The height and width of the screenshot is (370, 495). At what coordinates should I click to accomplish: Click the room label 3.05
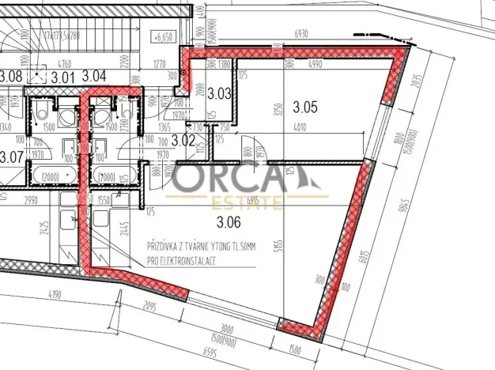[304, 105]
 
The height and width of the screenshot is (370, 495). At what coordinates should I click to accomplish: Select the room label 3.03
[219, 93]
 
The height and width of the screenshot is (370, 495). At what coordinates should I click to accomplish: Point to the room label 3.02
[183, 141]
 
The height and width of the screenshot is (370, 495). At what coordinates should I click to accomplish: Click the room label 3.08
[10, 76]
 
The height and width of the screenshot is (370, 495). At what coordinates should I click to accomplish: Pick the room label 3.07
[10, 157]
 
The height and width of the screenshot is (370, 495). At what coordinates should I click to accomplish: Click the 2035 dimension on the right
[418, 83]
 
